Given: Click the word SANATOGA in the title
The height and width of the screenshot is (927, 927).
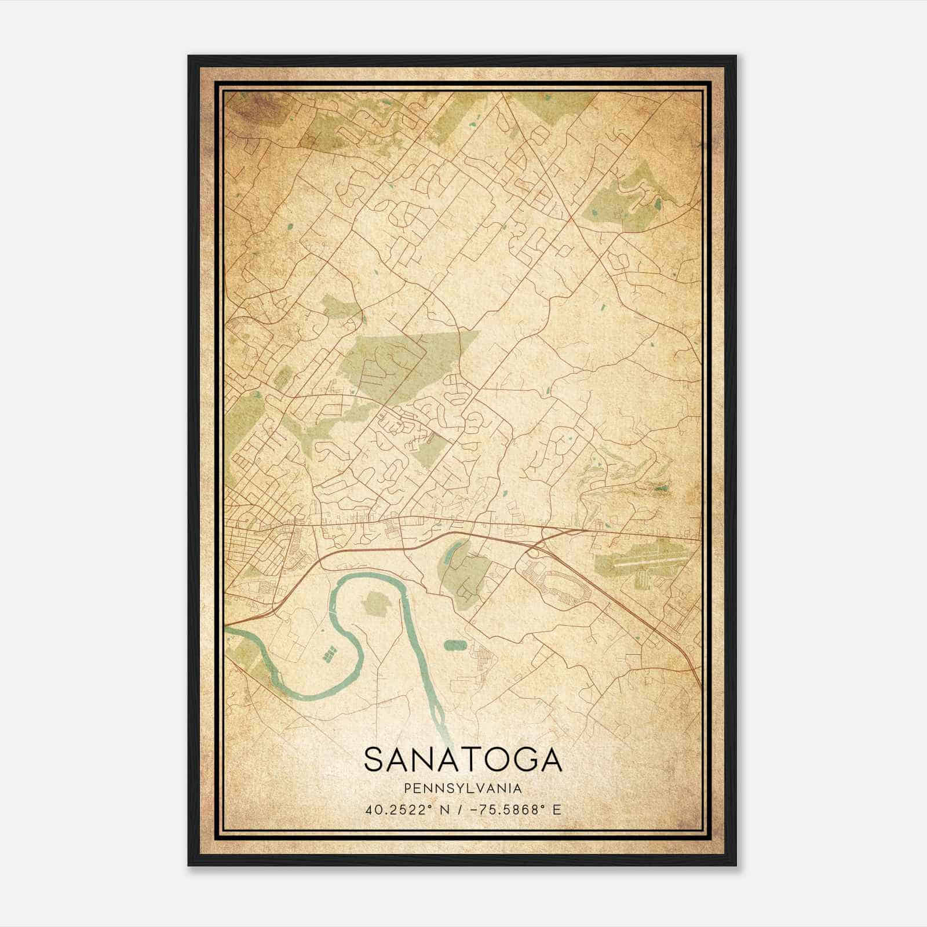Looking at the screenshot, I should tap(463, 760).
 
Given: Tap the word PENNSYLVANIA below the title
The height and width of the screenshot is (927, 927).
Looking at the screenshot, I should tap(463, 789).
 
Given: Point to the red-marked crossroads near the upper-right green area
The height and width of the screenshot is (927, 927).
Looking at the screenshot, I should tap(570, 218).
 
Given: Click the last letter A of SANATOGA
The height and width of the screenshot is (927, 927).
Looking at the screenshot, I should tap(550, 760).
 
